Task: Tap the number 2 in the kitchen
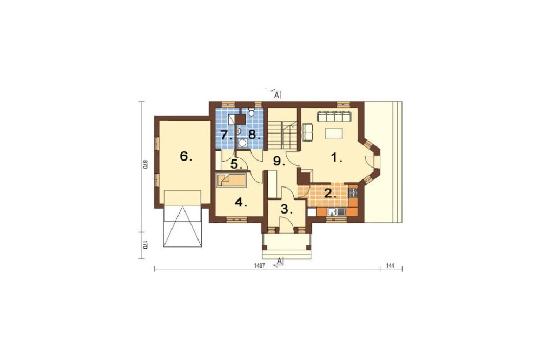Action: click(x=329, y=194)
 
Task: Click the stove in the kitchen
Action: click(x=353, y=191)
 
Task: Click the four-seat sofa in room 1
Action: click(x=334, y=116)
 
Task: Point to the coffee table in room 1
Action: click(x=333, y=133)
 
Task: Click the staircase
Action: click(x=282, y=135)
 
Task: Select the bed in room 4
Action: click(x=231, y=180)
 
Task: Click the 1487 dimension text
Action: click(x=259, y=265)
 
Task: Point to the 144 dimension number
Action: click(x=390, y=265)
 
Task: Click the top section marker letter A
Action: click(x=276, y=96)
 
